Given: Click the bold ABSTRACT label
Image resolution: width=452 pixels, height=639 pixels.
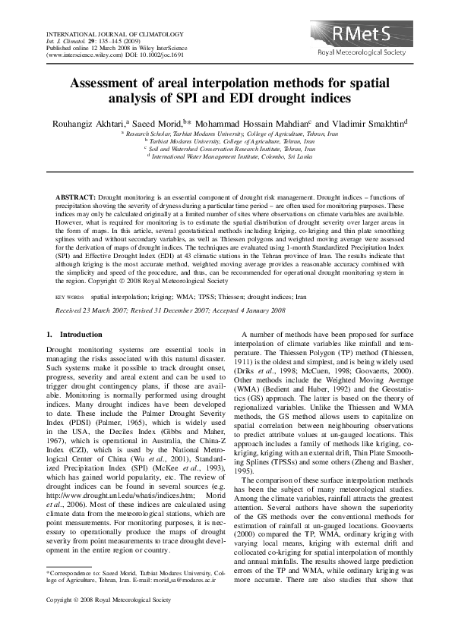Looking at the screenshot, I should [x=74, y=197].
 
